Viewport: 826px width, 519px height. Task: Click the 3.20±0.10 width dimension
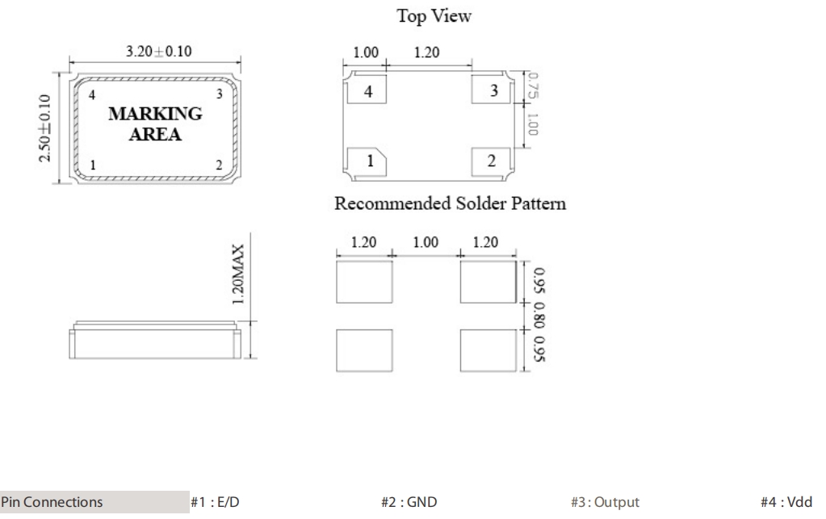154,52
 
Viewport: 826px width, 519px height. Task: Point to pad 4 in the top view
368,92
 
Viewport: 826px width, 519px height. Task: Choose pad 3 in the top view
493,90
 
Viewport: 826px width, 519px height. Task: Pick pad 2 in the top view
493,161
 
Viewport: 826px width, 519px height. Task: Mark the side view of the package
153,340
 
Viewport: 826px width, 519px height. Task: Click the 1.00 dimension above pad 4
367,53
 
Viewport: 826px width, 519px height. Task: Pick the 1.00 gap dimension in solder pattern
426,241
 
